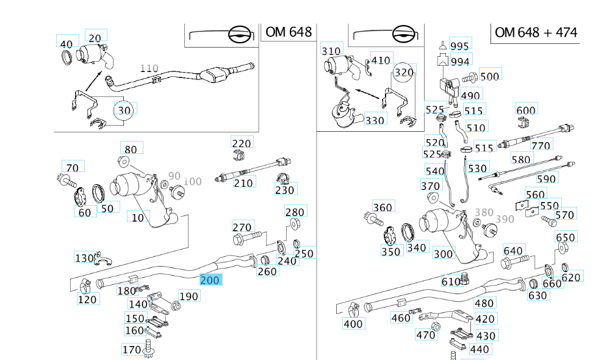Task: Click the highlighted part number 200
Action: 211,280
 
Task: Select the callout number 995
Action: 459,46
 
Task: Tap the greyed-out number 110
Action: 149,68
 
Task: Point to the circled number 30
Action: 124,110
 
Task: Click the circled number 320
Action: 404,73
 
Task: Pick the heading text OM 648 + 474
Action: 536,32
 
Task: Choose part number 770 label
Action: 541,145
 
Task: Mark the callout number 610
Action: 451,281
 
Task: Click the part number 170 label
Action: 132,350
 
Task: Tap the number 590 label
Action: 546,179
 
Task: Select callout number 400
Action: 353,324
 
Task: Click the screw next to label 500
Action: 469,77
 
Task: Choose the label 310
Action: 331,51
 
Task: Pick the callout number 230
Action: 284,190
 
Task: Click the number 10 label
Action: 138,217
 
